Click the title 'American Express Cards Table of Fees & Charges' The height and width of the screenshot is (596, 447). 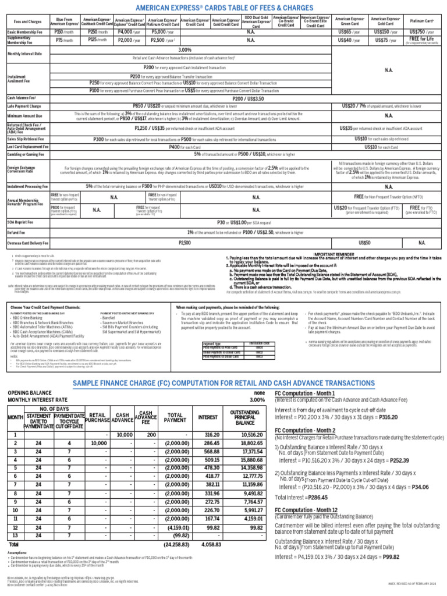pyautogui.click(x=223, y=8)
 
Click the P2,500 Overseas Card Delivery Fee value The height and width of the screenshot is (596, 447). pyautogui.click(x=185, y=242)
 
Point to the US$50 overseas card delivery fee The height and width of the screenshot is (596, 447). pyautogui.click(x=365, y=242)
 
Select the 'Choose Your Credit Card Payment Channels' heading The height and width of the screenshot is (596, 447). pyautogui.click(x=52, y=306)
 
